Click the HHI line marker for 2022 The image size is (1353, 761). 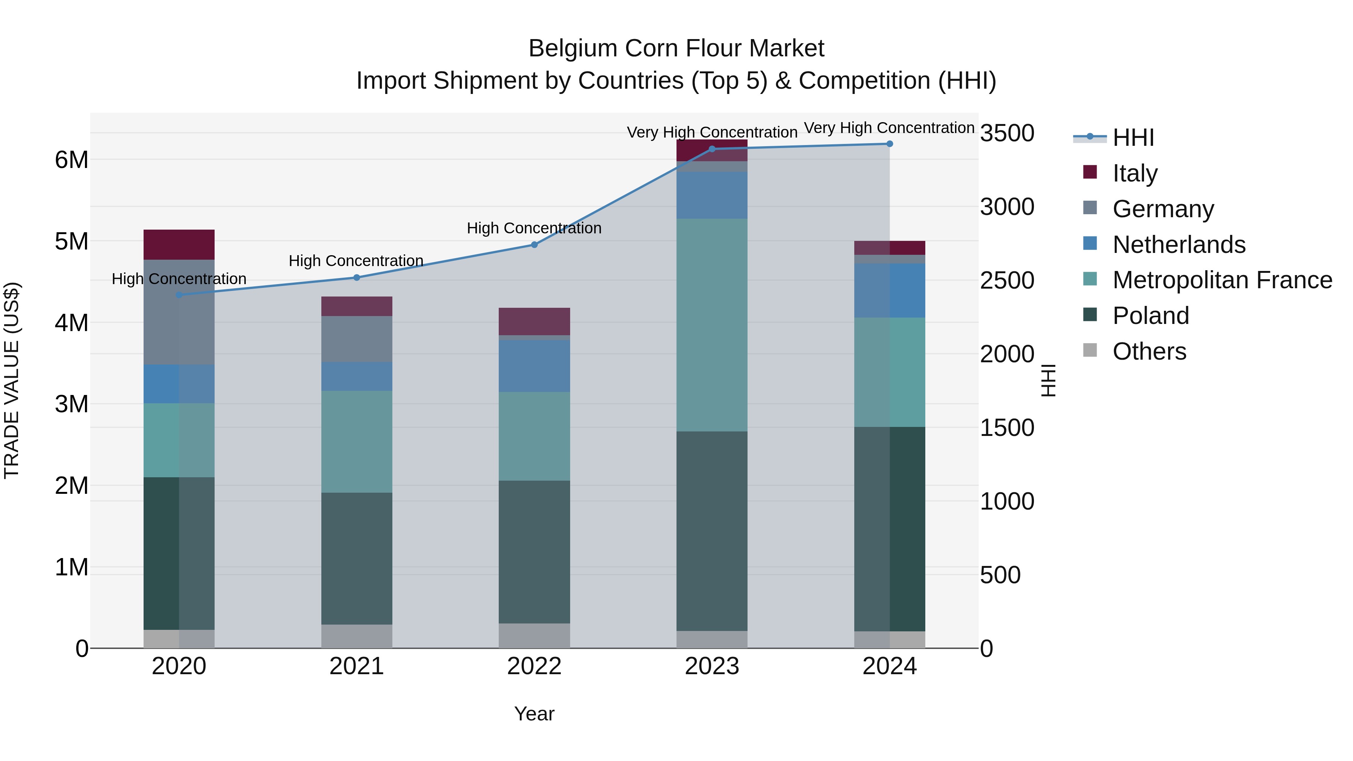click(534, 245)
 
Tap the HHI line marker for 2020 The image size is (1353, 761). click(179, 295)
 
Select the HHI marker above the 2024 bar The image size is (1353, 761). click(889, 144)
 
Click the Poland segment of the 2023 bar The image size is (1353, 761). click(712, 530)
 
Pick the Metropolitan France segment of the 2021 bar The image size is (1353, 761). click(357, 441)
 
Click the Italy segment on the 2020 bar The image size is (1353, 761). click(179, 245)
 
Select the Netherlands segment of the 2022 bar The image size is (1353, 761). click(534, 366)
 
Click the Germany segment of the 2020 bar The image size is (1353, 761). click(179, 312)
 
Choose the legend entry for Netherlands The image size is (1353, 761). click(1178, 245)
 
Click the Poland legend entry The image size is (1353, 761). click(1150, 316)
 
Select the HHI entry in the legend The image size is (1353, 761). click(1132, 138)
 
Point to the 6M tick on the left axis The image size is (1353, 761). click(72, 160)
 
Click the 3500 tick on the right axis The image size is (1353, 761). click(1007, 133)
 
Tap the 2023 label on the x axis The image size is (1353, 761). click(712, 666)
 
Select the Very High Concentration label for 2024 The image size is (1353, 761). click(889, 128)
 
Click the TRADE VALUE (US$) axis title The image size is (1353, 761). click(12, 380)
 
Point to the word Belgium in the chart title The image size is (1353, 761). click(572, 48)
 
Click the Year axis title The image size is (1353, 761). click(534, 714)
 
